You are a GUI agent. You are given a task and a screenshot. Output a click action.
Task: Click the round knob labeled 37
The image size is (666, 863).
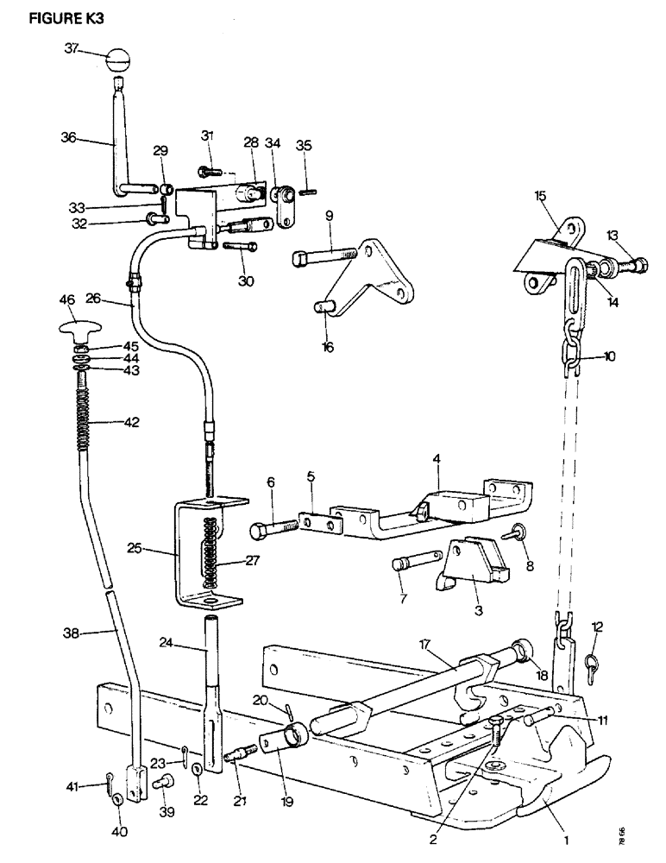(117, 61)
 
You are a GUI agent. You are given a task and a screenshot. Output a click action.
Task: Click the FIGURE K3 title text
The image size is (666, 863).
(66, 20)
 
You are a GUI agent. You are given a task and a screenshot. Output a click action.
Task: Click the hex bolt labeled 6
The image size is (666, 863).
(271, 527)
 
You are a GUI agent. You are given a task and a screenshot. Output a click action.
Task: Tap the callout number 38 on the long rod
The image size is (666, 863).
(72, 633)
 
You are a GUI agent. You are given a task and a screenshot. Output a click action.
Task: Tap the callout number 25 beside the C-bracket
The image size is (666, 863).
(158, 548)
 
